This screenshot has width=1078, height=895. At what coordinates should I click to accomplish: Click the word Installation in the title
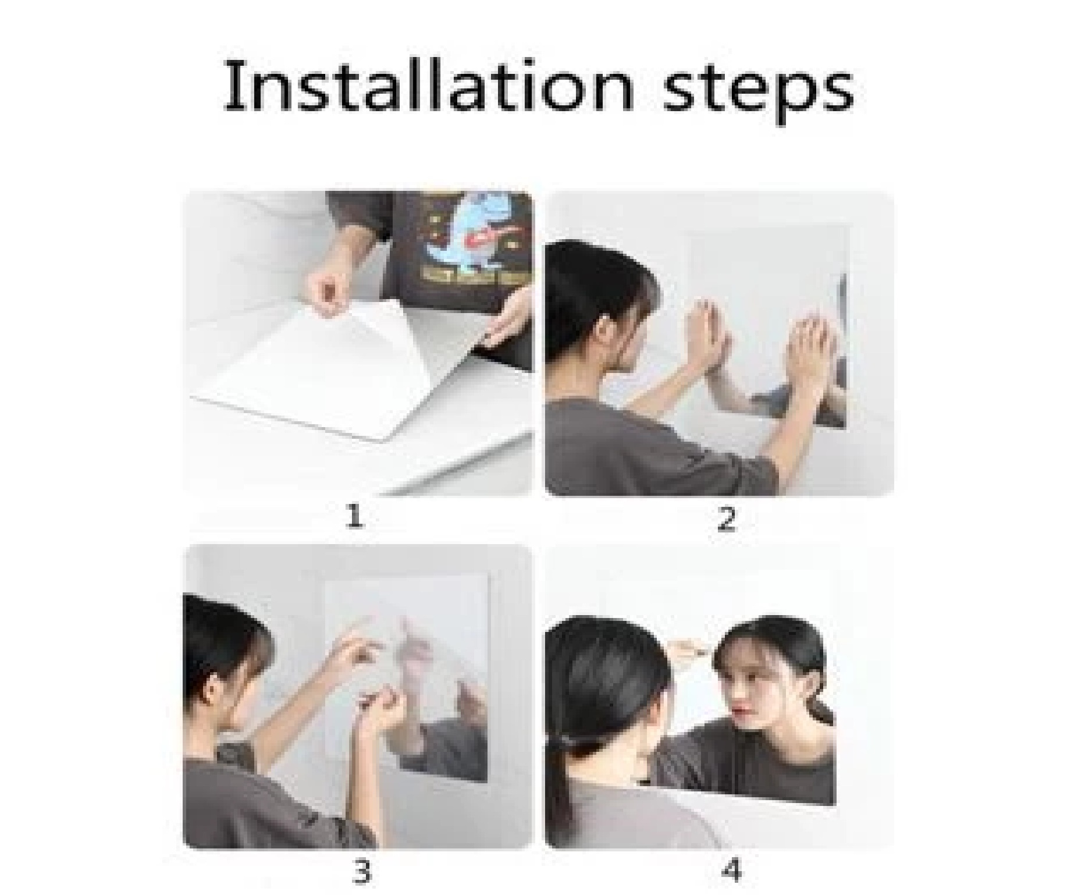[x=429, y=87]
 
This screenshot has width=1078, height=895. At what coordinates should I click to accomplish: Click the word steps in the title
[x=759, y=92]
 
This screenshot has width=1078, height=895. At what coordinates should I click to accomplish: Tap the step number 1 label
[x=354, y=517]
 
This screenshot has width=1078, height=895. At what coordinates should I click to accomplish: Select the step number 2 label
[x=727, y=519]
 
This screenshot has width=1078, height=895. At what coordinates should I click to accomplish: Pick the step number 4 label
[x=731, y=871]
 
